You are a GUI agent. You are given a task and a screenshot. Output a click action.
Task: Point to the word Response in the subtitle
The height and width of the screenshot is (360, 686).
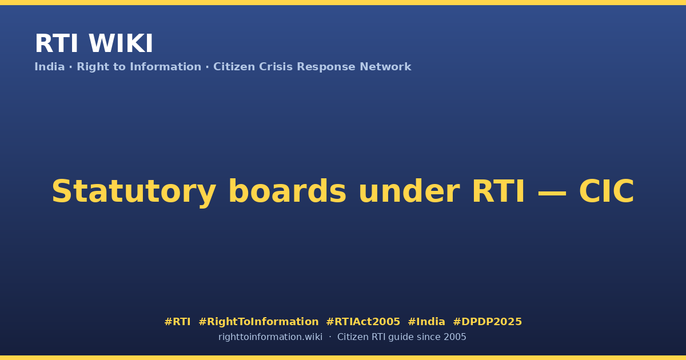click(326, 67)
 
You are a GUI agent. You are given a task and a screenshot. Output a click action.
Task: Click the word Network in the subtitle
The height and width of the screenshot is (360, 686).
click(385, 67)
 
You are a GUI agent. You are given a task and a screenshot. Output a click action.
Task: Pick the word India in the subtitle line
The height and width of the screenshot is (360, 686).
click(50, 67)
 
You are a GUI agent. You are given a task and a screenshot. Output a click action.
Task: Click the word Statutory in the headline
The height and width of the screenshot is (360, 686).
click(134, 192)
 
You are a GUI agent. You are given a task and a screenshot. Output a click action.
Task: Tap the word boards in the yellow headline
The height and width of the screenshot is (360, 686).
click(288, 191)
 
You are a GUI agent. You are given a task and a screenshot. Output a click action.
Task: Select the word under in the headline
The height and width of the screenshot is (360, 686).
click(409, 191)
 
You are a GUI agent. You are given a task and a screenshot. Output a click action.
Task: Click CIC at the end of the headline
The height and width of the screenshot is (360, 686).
click(607, 191)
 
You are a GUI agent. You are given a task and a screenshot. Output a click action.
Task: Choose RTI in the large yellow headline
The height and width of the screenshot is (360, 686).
click(498, 191)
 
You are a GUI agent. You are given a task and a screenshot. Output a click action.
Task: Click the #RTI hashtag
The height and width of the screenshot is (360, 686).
click(177, 322)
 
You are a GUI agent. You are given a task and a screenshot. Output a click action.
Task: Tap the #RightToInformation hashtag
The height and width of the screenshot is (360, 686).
click(258, 322)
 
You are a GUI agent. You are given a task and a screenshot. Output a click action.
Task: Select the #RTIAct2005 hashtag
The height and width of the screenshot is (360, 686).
click(363, 322)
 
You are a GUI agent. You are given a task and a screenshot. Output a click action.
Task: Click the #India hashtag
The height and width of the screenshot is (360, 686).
click(426, 322)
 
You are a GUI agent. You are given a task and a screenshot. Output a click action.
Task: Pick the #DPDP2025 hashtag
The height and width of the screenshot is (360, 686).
click(487, 322)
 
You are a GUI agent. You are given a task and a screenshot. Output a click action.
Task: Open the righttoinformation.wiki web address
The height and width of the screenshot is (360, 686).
click(270, 337)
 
